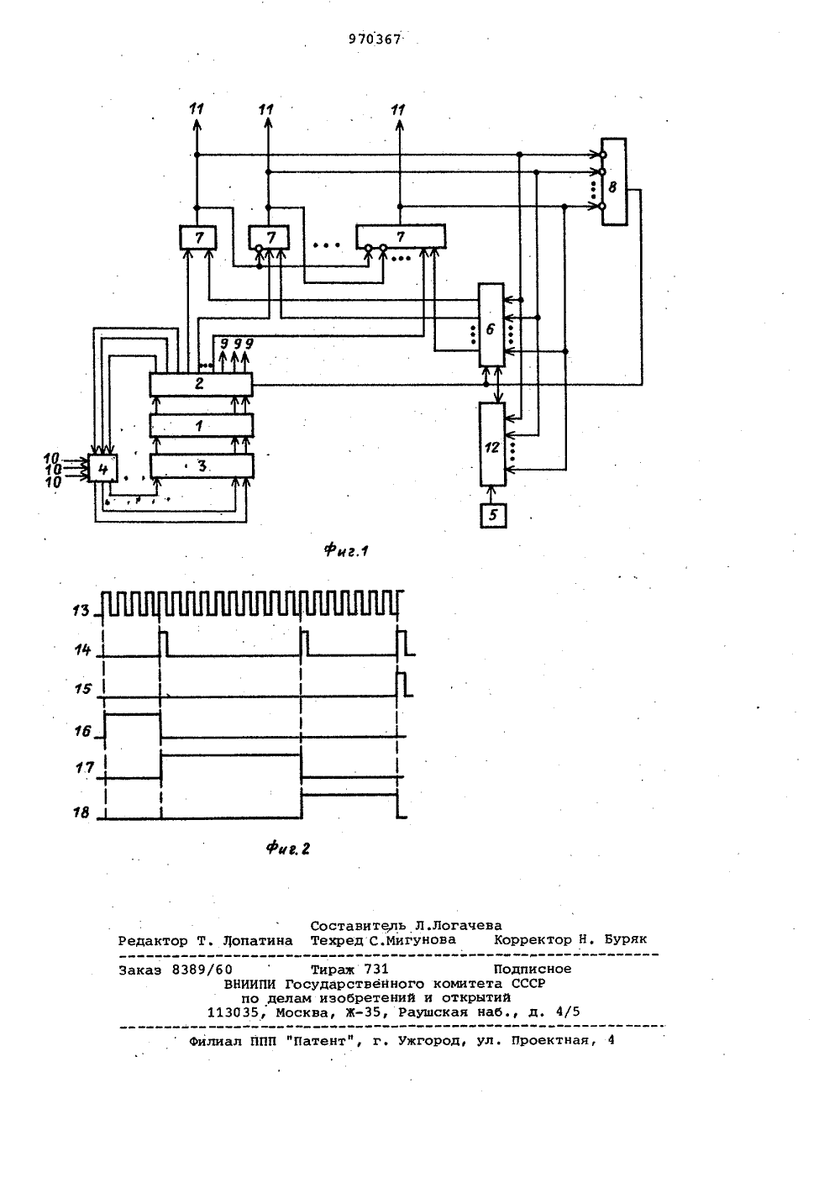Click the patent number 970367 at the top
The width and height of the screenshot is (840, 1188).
coord(375,39)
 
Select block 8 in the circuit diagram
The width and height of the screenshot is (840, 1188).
coord(614,182)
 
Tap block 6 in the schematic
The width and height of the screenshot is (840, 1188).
coord(491,324)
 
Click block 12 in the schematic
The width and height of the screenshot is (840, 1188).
coord(492,444)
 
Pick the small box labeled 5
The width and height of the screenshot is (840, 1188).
coord(493,515)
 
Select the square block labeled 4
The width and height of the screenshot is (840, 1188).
coord(102,468)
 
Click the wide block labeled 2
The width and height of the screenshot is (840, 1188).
coord(201,384)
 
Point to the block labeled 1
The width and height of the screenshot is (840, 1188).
coord(201,425)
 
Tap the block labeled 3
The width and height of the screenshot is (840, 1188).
coord(202,466)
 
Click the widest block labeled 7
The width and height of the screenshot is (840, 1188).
coord(401,237)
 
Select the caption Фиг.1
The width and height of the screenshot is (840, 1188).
coord(346,551)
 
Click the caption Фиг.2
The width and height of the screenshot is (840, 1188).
coord(288,849)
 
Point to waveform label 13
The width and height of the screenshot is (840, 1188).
coord(81,611)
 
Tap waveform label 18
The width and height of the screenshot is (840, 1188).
coord(81,812)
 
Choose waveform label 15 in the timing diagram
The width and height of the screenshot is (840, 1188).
coord(82,689)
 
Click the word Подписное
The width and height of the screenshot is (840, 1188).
coord(533,969)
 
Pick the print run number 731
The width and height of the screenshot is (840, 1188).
coord(376,969)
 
